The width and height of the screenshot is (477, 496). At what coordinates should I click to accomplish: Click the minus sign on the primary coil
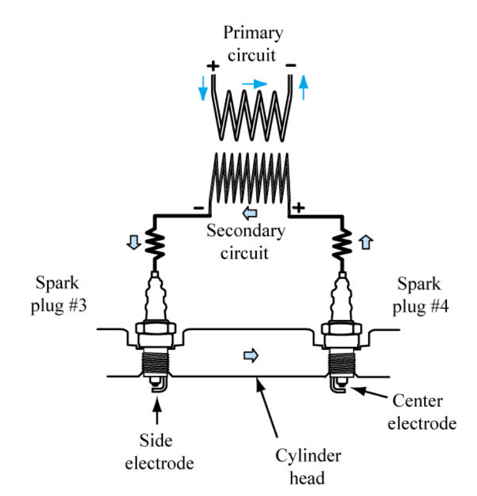coord(291,65)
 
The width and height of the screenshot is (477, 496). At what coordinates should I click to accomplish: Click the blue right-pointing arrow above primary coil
coord(254,83)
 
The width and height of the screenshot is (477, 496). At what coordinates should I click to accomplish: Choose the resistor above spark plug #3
coord(155,243)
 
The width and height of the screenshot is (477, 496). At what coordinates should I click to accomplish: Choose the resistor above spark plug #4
coord(338,243)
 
